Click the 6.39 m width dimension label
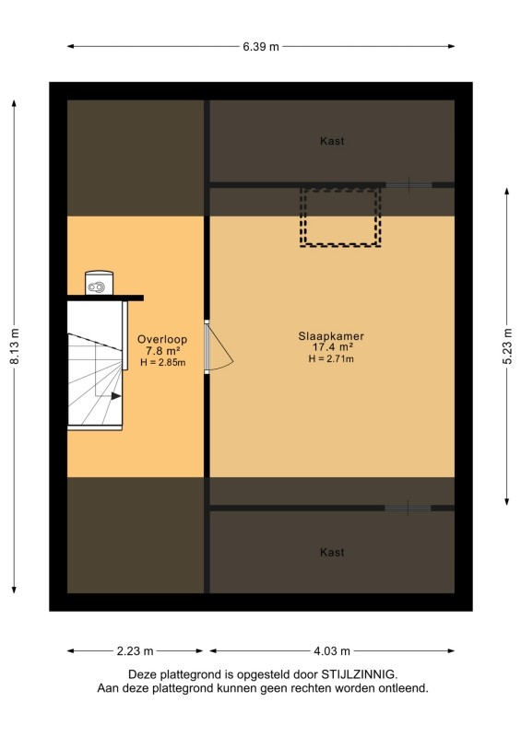[261, 47]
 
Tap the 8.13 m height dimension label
[15, 346]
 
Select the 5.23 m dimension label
[507, 346]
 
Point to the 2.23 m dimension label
[135, 651]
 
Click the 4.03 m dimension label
[332, 651]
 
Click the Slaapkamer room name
[331, 336]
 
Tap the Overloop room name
[162, 339]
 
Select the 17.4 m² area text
[333, 347]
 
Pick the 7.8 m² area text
[163, 351]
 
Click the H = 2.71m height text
[331, 358]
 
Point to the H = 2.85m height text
[163, 362]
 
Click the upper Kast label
[332, 141]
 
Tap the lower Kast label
[332, 552]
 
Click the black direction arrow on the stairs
[116, 396]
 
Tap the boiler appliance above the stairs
[99, 283]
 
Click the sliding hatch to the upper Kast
[409, 185]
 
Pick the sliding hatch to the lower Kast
[409, 509]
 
